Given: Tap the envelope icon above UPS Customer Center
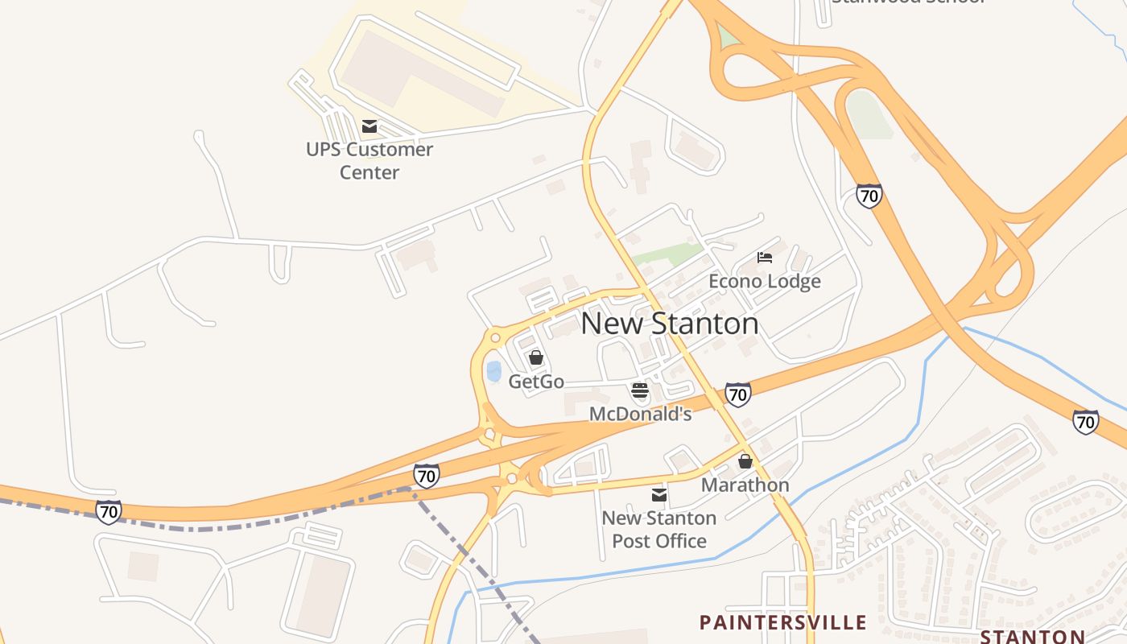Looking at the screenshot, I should (x=369, y=126).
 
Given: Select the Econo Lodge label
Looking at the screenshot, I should (x=765, y=281).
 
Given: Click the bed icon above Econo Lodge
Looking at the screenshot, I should (x=765, y=258).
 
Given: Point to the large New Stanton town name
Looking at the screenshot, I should (x=669, y=324).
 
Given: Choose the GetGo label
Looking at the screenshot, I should (x=536, y=382).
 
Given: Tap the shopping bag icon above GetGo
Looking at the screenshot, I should (x=536, y=357).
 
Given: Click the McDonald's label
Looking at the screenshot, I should (x=641, y=414).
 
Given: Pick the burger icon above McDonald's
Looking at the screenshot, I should (x=640, y=391).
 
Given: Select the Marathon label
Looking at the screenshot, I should (x=745, y=485).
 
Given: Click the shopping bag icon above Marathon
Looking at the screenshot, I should (x=745, y=461).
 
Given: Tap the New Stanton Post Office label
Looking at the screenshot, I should (x=659, y=529).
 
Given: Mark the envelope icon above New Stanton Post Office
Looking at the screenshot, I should (x=659, y=494).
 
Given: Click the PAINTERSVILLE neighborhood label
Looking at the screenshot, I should (x=782, y=622).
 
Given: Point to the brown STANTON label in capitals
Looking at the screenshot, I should (x=1032, y=637).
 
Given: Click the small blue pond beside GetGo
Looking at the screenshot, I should (x=493, y=371).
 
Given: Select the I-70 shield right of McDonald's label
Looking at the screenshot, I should (x=737, y=394).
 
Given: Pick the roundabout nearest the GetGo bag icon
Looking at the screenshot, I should (x=495, y=338).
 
